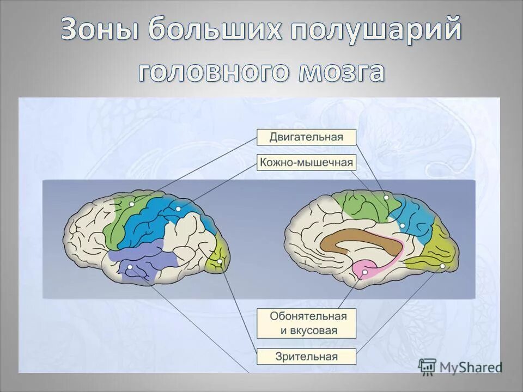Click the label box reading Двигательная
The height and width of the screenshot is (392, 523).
(x=306, y=137)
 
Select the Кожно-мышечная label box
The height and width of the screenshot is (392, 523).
(x=306, y=162)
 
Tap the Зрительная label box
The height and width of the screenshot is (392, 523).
(x=306, y=357)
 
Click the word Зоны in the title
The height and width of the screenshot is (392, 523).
(x=100, y=30)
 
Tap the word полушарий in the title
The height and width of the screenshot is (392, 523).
(x=375, y=30)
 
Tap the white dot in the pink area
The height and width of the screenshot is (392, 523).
(x=364, y=271)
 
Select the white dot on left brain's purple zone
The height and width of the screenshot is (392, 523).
(x=130, y=267)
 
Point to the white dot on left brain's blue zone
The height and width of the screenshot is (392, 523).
(x=178, y=209)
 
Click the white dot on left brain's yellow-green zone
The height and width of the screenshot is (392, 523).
(x=219, y=262)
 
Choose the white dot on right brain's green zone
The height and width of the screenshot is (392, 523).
(x=386, y=198)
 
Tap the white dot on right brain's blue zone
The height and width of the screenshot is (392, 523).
(x=403, y=225)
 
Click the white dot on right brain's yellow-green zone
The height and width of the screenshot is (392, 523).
(x=442, y=266)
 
